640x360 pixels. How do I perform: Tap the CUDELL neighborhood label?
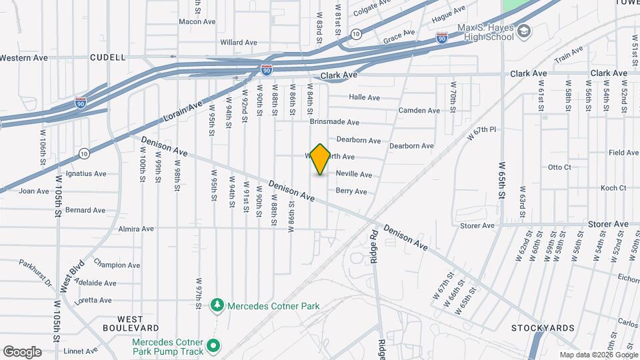[108, 58]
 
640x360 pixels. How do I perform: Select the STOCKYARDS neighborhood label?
[543, 328]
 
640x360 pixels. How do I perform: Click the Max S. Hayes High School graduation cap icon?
[524, 31]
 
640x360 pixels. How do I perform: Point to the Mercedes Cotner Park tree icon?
[217, 306]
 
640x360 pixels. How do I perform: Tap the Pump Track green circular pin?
[213, 345]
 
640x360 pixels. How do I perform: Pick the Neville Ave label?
[353, 175]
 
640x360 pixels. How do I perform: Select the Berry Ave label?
[351, 191]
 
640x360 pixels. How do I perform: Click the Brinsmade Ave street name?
[335, 123]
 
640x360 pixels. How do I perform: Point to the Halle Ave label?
[364, 97]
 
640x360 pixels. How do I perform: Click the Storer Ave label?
[477, 226]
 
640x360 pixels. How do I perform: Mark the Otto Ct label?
[559, 167]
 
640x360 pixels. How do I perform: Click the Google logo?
[22, 352]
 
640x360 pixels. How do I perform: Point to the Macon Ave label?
[197, 21]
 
